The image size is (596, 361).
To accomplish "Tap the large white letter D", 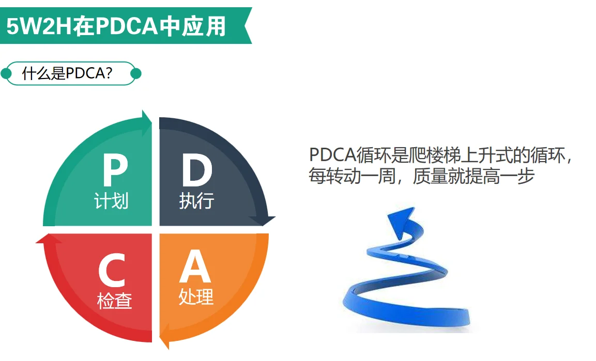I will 196,171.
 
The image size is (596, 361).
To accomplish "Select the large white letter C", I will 112,271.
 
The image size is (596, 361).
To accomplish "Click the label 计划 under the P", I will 111,201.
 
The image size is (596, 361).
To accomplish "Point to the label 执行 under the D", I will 196,201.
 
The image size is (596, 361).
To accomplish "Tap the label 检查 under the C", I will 114,300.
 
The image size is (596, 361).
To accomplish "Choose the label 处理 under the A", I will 196,297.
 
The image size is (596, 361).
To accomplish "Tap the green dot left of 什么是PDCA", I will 6,74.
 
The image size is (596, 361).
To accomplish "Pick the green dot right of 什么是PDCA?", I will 136,74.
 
